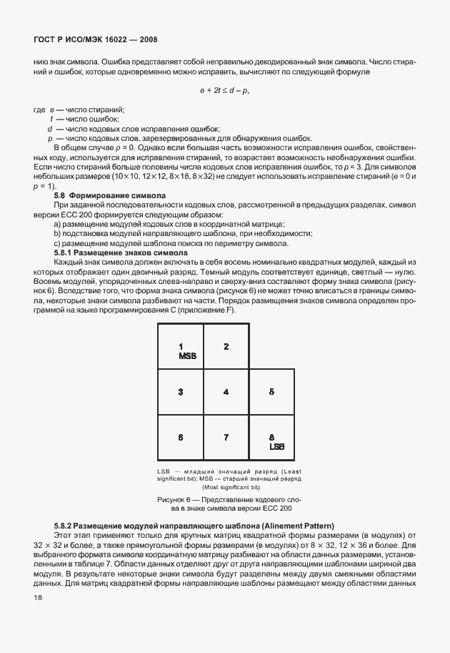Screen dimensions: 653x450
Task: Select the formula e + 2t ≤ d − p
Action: click(x=224, y=91)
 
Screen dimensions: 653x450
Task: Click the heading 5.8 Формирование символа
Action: click(x=110, y=195)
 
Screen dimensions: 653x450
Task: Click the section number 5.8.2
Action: click(x=64, y=526)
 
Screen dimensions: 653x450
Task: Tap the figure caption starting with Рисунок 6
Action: click(x=225, y=502)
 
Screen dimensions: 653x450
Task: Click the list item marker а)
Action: click(x=57, y=224)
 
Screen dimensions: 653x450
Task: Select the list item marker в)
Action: click(x=57, y=243)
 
